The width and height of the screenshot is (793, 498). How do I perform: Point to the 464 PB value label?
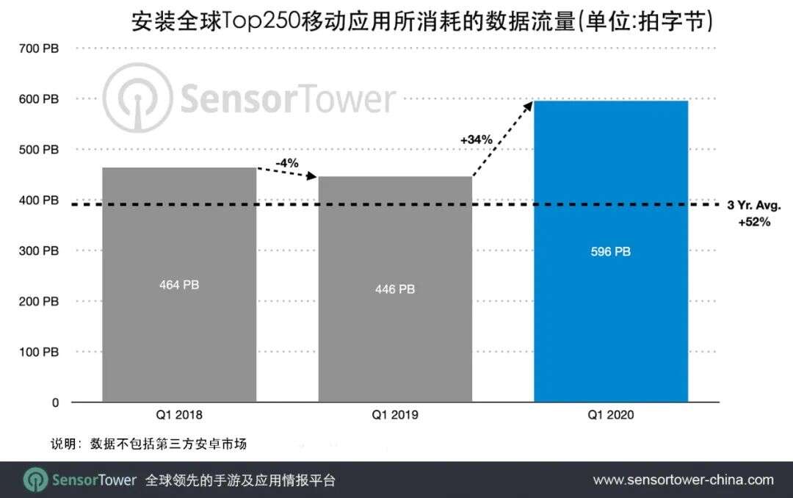[x=179, y=285]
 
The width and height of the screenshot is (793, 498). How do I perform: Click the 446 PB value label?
[x=395, y=289]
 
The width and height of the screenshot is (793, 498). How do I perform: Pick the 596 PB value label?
[x=610, y=252]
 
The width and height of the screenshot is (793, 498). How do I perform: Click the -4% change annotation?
[x=286, y=163]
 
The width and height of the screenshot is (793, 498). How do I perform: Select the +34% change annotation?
[x=477, y=140]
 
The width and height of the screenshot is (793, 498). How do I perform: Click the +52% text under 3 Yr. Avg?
[x=754, y=221]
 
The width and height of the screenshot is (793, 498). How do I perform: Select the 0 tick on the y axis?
[x=55, y=403]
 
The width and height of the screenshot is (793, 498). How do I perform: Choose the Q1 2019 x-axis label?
[x=395, y=416]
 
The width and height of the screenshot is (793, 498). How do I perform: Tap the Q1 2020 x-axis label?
[x=610, y=416]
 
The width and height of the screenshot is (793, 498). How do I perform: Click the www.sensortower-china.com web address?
[x=683, y=480]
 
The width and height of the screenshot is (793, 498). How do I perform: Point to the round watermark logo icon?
[x=137, y=98]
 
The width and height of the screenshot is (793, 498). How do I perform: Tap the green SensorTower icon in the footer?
[x=36, y=480]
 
